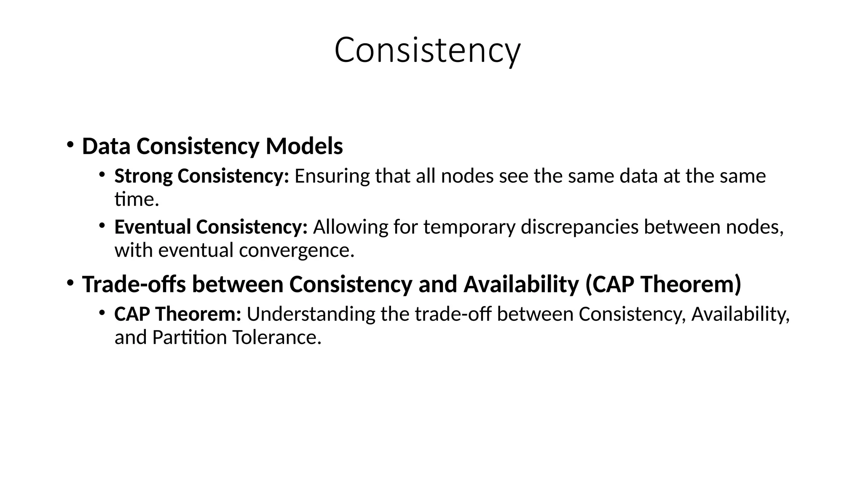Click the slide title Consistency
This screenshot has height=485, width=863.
click(x=427, y=51)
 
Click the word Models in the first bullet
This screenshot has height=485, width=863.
click(x=304, y=147)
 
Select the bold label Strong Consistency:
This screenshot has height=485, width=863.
click(x=201, y=176)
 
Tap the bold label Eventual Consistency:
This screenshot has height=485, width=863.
click(x=211, y=227)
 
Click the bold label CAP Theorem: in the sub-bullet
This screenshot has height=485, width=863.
click(x=177, y=314)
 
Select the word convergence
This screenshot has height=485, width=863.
click(x=296, y=250)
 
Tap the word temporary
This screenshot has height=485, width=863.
click(x=469, y=227)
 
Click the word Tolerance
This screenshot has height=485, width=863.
click(x=276, y=338)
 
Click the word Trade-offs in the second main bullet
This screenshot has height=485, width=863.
click(x=134, y=284)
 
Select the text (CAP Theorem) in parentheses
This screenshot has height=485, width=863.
click(x=663, y=284)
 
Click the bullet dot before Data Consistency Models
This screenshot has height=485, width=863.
click(x=70, y=144)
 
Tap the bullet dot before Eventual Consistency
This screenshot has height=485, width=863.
click(x=102, y=226)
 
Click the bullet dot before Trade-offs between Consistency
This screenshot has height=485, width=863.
click(x=70, y=282)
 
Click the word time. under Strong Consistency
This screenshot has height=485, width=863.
click(x=137, y=200)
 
